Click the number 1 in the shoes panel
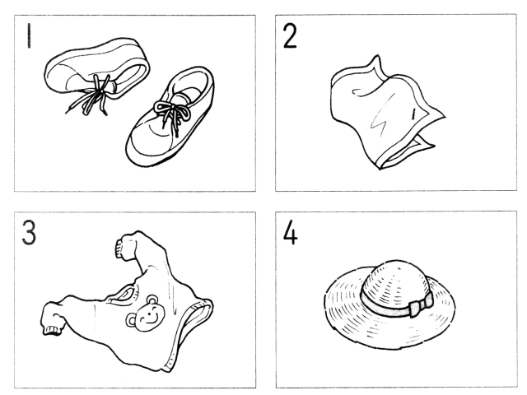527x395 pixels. click(x=30, y=35)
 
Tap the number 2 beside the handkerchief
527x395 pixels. click(x=290, y=36)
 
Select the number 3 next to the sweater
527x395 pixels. click(x=29, y=232)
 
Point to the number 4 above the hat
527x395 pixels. click(x=291, y=234)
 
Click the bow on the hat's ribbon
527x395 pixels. click(x=421, y=304)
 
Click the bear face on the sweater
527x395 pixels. click(x=146, y=314)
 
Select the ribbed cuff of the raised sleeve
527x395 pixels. click(x=119, y=249)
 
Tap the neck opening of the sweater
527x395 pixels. click(x=123, y=295)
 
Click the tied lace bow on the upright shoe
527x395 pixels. click(x=170, y=110)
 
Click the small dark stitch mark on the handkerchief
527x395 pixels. click(x=413, y=114)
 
